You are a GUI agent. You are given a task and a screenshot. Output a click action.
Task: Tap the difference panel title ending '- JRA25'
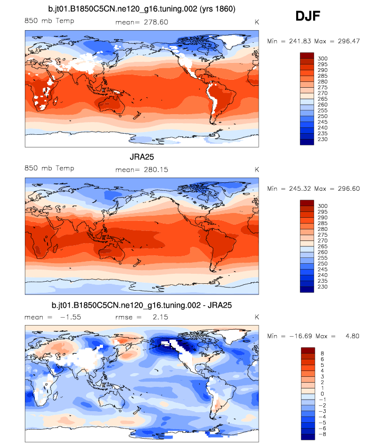(x=142, y=305)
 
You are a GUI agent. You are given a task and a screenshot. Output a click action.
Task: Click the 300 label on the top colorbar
(x=322, y=58)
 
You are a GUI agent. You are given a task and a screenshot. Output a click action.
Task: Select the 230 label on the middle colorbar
(x=322, y=287)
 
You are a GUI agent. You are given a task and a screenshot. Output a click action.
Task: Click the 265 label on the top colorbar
(x=322, y=99)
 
